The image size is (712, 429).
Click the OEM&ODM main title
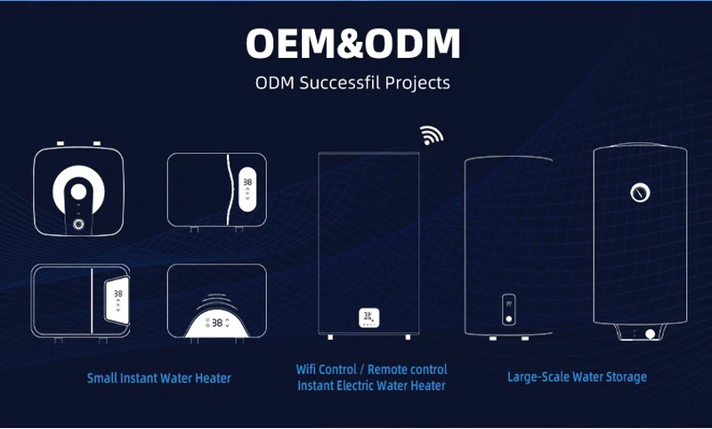(352, 44)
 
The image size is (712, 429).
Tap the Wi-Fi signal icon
(431, 134)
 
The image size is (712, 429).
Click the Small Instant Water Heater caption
(159, 378)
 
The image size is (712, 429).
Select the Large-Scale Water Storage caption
(577, 376)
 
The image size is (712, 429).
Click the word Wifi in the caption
(307, 369)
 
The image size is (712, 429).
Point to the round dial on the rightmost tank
(640, 193)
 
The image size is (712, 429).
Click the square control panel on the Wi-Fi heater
(369, 318)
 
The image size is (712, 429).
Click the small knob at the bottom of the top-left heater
(78, 223)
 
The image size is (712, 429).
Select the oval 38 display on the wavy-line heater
(247, 190)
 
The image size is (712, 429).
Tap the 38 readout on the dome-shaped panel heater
(217, 323)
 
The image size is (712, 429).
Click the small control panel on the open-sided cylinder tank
(508, 310)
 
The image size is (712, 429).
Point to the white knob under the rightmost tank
(651, 335)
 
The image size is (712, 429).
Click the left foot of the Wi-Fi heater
(330, 336)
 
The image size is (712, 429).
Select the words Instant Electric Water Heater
(371, 386)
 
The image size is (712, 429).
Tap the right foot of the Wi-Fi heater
(408, 336)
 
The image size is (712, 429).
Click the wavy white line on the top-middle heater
(230, 190)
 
